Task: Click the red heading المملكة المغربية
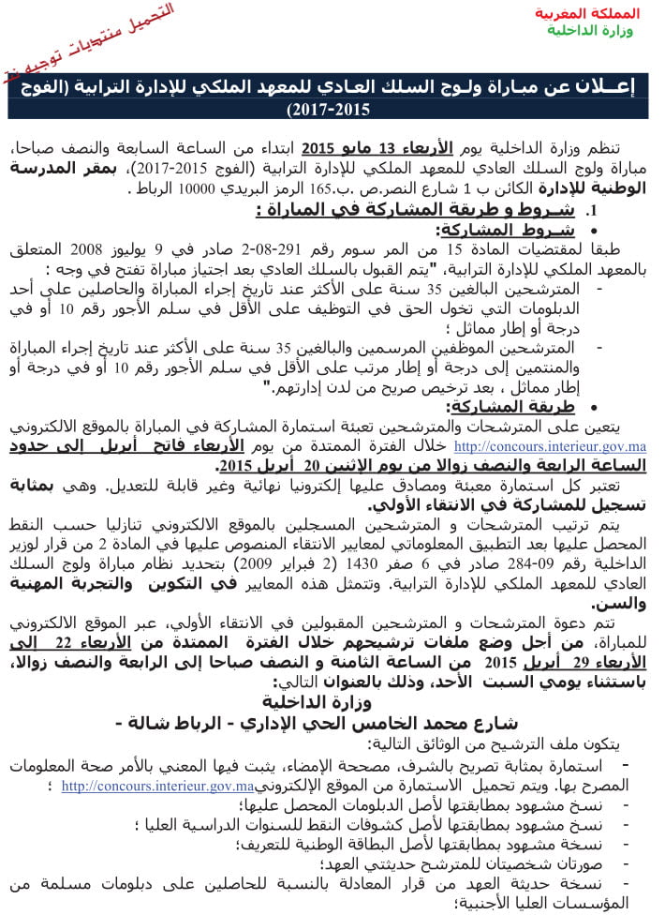click(x=587, y=13)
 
